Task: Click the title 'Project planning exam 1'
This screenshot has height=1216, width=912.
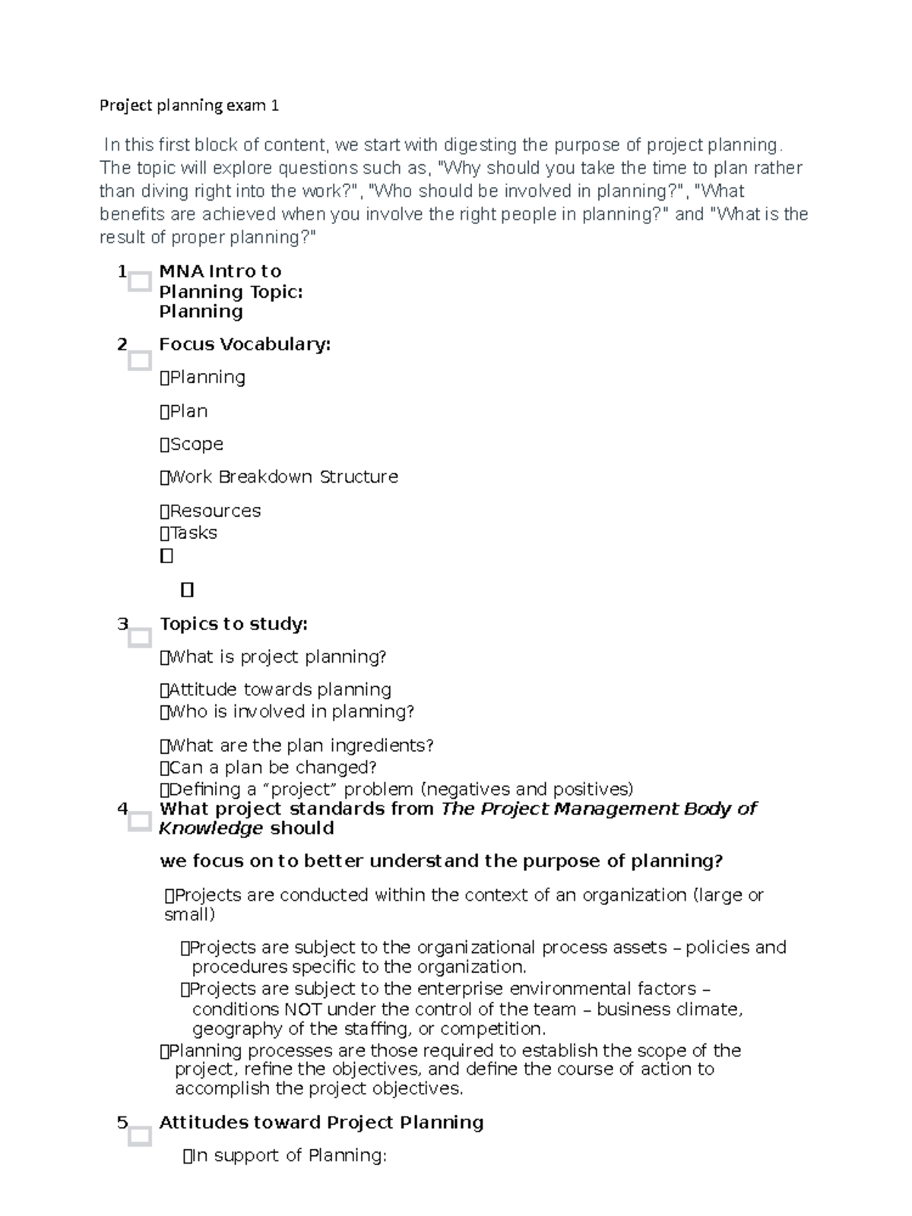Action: [189, 106]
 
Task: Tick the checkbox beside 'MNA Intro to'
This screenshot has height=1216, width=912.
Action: [140, 282]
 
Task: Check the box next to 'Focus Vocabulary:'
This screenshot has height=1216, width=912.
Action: [140, 360]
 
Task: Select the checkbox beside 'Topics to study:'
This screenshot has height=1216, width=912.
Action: [140, 638]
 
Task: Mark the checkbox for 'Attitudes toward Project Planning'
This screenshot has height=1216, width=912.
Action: [140, 1136]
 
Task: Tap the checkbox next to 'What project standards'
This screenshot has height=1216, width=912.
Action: [140, 821]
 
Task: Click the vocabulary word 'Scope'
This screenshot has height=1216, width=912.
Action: [196, 444]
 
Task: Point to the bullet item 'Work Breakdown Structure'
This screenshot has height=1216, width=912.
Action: [283, 477]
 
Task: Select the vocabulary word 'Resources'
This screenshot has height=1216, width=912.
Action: [214, 511]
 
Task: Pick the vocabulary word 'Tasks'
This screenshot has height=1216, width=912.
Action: [193, 533]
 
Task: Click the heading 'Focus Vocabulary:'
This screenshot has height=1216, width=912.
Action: [245, 344]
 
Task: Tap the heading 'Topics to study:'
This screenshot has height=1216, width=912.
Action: [233, 624]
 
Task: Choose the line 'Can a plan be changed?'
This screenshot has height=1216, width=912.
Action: [272, 768]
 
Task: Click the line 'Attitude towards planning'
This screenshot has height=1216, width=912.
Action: [279, 690]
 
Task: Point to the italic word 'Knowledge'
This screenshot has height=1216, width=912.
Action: [211, 828]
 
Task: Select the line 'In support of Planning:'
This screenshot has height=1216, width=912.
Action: [289, 1156]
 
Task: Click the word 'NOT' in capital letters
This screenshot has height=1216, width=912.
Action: [302, 1009]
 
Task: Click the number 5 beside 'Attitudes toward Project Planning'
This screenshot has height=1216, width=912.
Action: [122, 1123]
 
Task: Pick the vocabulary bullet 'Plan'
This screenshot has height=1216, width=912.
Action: [188, 411]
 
